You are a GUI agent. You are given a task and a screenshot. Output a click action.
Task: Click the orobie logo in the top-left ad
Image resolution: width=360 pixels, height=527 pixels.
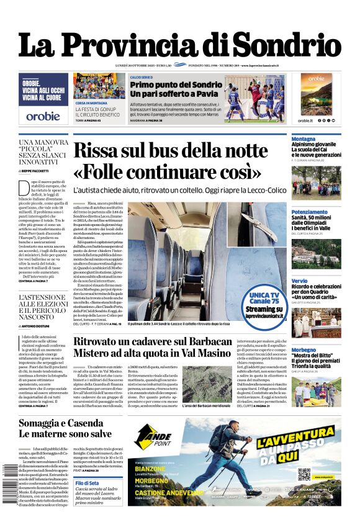coord(43,116)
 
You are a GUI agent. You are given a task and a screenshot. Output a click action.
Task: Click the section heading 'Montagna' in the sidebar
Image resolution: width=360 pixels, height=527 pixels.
coord(304,138)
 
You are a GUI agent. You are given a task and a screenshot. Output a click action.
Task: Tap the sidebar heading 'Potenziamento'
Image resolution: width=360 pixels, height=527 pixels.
coord(310,212)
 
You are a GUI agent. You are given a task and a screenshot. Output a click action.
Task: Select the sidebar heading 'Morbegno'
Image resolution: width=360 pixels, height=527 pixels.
coord(304,350)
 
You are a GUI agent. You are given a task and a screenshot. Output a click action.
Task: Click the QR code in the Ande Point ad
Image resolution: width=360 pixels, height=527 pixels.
coord(304,474)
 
